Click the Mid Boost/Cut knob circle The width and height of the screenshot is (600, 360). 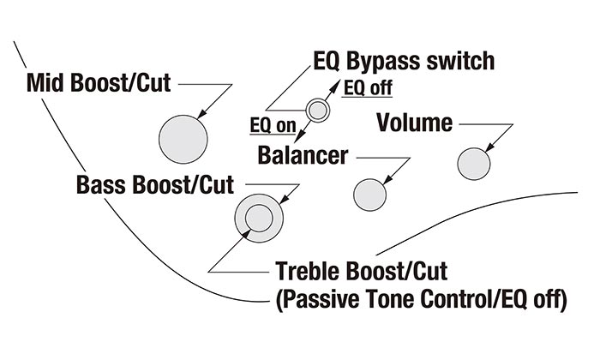coord(183,137)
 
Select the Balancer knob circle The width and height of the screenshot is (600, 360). coord(370,193)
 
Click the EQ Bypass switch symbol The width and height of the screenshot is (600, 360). coord(318,109)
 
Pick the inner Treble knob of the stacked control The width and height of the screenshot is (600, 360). coord(258,219)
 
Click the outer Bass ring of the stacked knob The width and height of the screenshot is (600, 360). coord(242,227)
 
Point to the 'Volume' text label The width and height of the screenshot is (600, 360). coord(415,123)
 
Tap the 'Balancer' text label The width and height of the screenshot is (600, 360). coord(303,156)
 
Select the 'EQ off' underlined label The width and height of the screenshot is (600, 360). coord(368,88)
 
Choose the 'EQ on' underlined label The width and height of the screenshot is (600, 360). coord(273,127)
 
